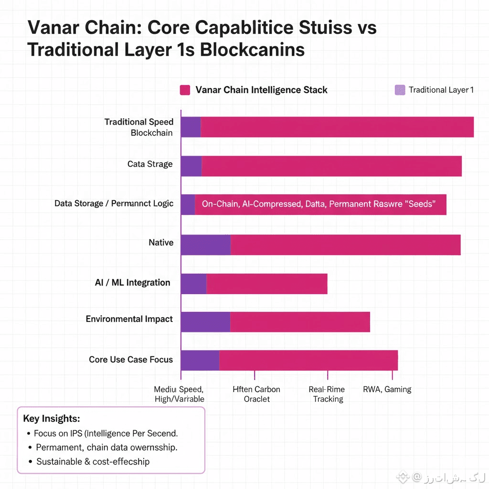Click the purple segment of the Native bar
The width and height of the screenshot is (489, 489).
pyautogui.click(x=206, y=244)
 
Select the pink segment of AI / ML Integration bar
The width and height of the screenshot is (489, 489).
pyautogui.click(x=266, y=284)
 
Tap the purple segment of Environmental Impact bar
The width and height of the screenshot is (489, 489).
pyautogui.click(x=205, y=322)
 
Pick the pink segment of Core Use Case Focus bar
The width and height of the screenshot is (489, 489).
pyautogui.click(x=308, y=360)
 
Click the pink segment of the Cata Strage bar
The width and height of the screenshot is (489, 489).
pyautogui.click(x=331, y=166)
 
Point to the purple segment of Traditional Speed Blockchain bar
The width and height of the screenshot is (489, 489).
pyautogui.click(x=191, y=127)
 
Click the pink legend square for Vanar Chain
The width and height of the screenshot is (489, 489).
pyautogui.click(x=185, y=90)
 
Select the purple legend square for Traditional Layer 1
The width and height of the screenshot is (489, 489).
pyautogui.click(x=400, y=90)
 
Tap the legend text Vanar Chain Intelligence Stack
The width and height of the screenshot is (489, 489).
pyautogui.click(x=261, y=90)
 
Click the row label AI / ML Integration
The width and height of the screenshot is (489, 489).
pyautogui.click(x=132, y=283)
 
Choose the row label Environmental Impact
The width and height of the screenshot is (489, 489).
pyautogui.click(x=129, y=319)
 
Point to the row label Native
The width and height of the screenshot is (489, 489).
pyautogui.click(x=161, y=243)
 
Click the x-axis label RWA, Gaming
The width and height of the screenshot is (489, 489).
pyautogui.click(x=387, y=389)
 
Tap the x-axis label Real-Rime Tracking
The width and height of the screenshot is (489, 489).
pyautogui.click(x=328, y=394)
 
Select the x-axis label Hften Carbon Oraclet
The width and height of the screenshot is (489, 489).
pyautogui.click(x=256, y=394)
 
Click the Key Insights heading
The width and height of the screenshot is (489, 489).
pyautogui.click(x=52, y=418)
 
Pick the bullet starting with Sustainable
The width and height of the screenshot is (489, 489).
pyautogui.click(x=93, y=462)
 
